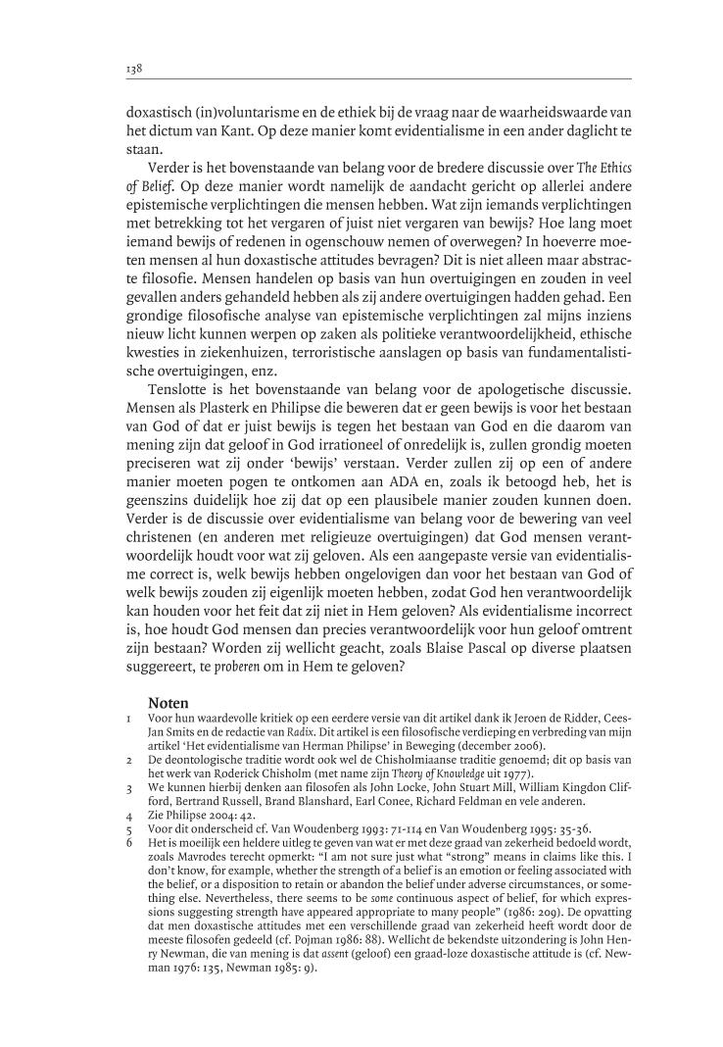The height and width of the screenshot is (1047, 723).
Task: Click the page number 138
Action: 135,70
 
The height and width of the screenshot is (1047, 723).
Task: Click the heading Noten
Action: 169,702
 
